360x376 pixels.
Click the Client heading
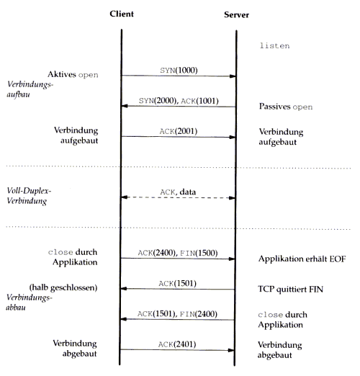[122, 14]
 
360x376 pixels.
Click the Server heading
[236, 15]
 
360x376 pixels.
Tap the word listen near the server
[274, 45]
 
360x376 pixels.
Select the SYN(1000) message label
[179, 71]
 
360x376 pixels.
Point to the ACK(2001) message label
[179, 131]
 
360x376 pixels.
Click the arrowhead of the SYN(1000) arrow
[233, 76]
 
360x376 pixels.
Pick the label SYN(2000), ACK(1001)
[179, 101]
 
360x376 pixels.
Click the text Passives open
[286, 107]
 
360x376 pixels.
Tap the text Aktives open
[73, 75]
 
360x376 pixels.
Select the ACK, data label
[178, 192]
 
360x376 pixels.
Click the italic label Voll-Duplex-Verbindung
[29, 196]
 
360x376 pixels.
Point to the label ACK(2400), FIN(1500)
[178, 253]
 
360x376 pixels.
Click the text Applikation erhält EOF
[302, 259]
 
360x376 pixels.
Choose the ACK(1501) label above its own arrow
[178, 284]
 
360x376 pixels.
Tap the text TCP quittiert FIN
[291, 289]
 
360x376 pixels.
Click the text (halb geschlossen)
[63, 287]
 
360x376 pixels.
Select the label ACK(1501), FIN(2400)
[177, 314]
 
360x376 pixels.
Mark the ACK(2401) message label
[177, 344]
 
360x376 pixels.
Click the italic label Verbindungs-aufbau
[30, 89]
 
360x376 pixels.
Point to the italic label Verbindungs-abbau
[29, 303]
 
